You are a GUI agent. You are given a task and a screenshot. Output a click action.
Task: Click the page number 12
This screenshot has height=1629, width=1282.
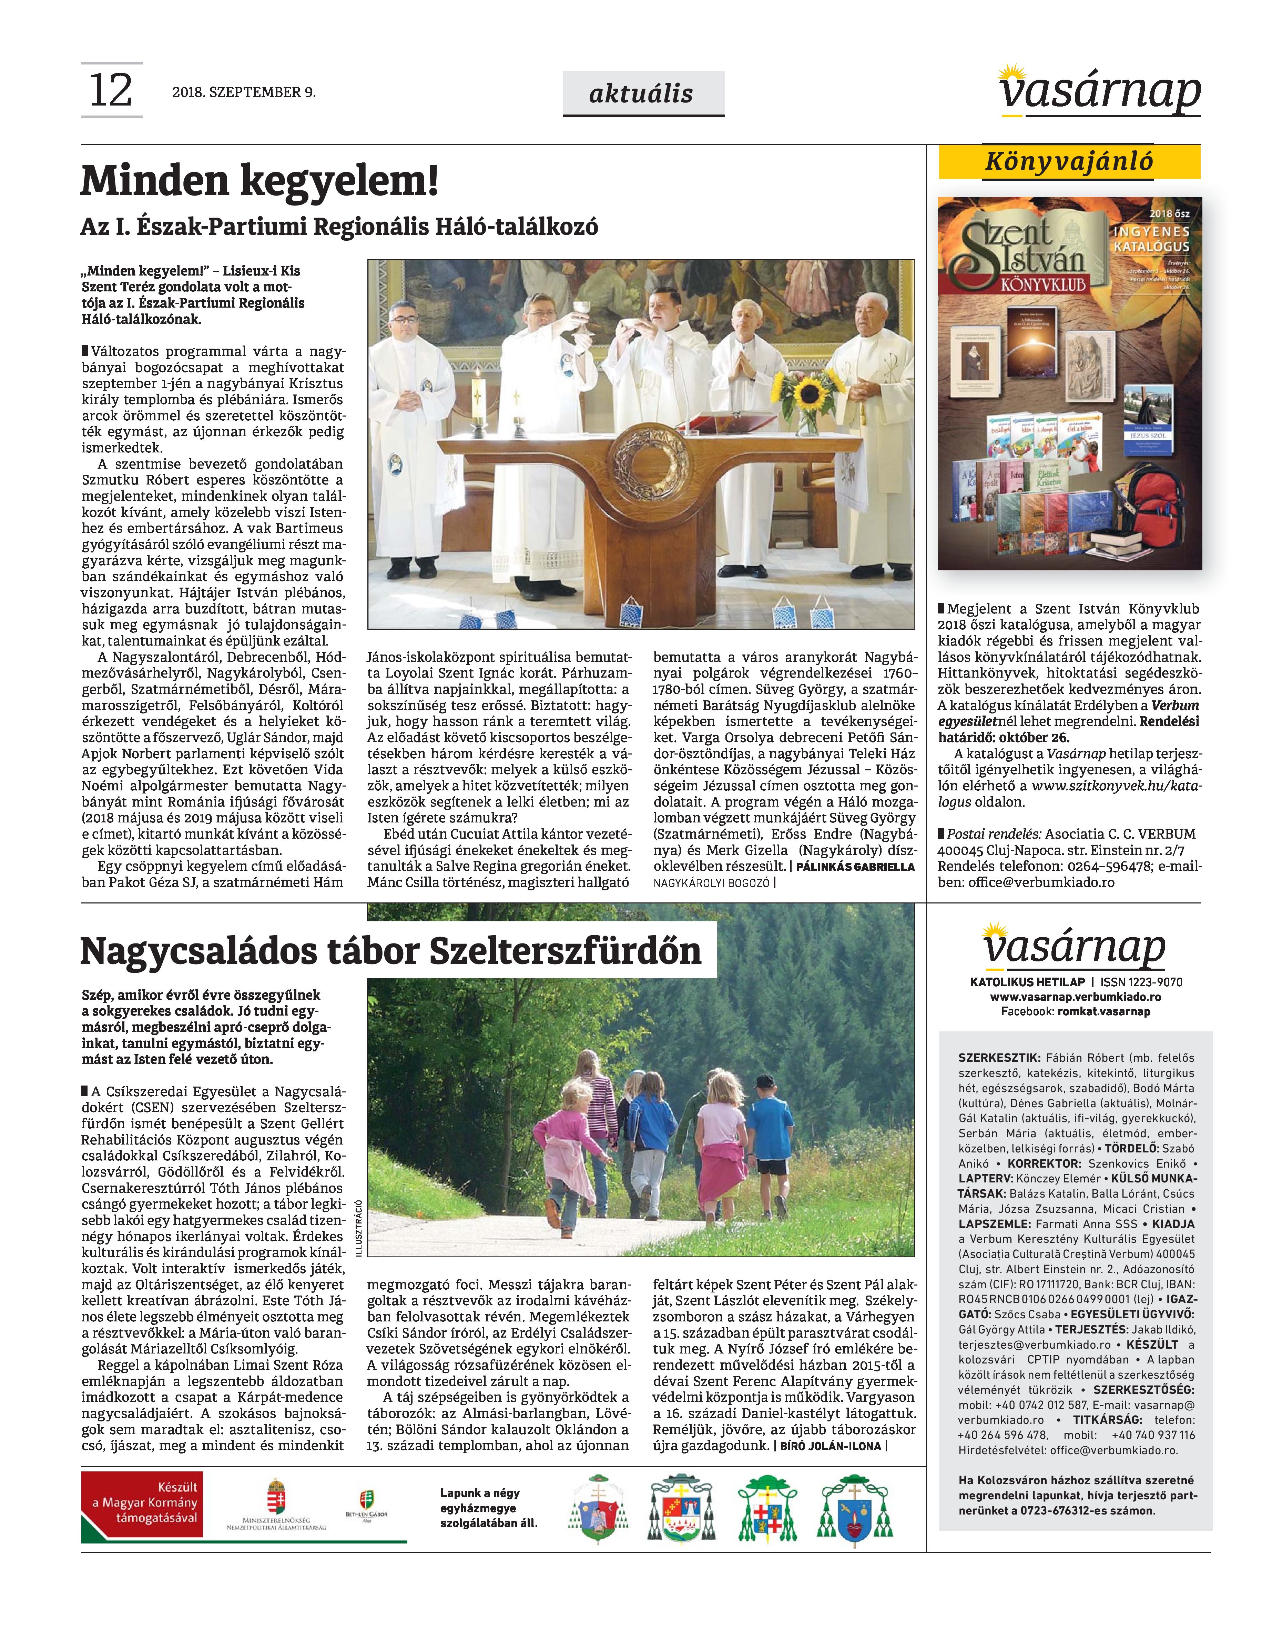[x=111, y=90]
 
